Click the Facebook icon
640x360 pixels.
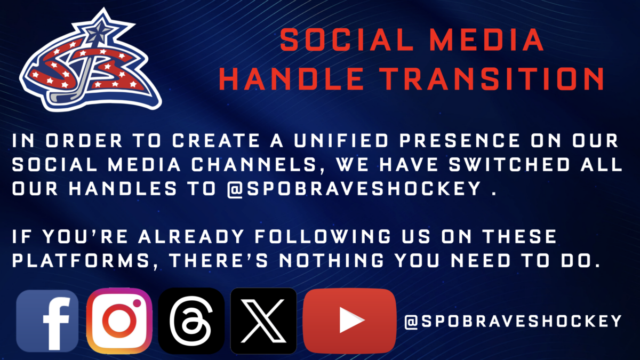click(47, 321)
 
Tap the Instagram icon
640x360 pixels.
click(119, 321)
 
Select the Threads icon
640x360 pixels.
click(191, 321)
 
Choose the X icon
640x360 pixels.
click(263, 321)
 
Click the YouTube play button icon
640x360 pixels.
click(350, 321)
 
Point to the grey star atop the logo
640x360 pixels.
click(99, 31)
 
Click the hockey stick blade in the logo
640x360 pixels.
click(61, 97)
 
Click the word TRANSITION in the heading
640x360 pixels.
click(493, 78)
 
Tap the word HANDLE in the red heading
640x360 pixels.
click(291, 78)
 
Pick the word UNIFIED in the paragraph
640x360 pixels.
click(341, 140)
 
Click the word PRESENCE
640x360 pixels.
click(459, 140)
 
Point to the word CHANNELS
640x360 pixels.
click(254, 164)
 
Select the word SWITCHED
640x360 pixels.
click(509, 164)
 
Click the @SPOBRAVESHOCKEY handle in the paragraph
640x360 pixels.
click(354, 189)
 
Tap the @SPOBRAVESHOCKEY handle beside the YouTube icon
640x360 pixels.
click(513, 321)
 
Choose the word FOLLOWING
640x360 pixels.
click(323, 237)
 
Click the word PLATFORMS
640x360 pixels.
click(81, 261)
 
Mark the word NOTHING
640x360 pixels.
click(332, 261)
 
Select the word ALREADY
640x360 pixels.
click(191, 237)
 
